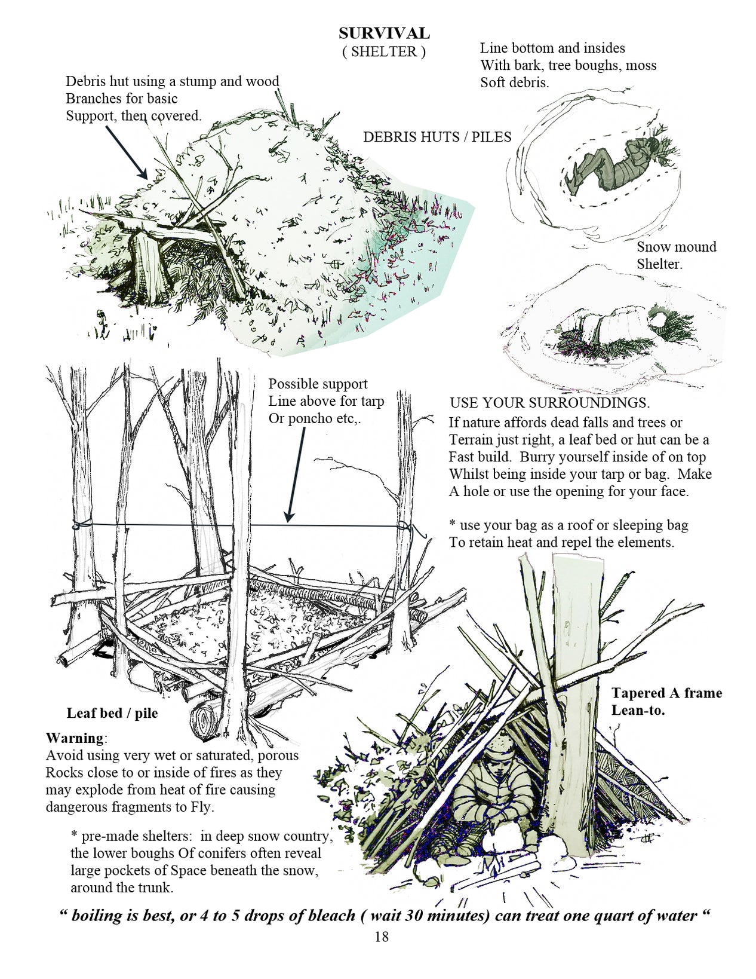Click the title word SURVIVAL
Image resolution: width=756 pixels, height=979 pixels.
point(384,33)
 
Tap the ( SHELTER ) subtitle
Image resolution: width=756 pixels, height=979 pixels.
point(384,52)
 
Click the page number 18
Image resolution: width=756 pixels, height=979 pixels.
point(381,937)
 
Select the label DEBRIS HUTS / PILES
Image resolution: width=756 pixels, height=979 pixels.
point(437,136)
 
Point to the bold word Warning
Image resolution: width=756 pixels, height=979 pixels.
point(75,738)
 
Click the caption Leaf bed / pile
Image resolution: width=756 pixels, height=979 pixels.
point(112,713)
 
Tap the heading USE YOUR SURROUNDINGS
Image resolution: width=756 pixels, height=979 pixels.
point(550,403)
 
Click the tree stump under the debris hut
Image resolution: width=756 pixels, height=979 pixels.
point(146,266)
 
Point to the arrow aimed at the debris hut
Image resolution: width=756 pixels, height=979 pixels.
point(127,152)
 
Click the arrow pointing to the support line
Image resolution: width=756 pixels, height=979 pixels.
point(297,475)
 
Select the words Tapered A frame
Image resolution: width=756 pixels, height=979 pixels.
point(666,693)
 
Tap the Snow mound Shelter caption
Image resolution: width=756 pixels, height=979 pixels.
point(677,255)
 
